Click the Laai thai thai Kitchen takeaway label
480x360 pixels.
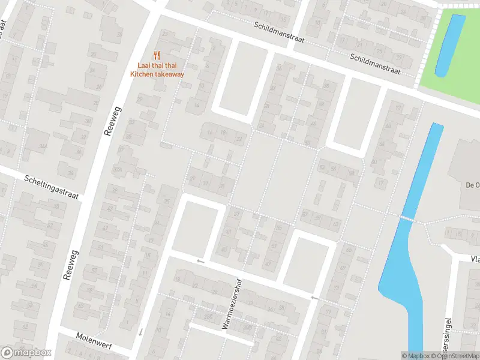(x=157, y=70)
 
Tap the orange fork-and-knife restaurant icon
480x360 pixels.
(x=157, y=55)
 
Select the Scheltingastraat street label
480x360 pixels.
(x=52, y=187)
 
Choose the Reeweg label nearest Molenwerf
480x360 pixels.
(x=71, y=265)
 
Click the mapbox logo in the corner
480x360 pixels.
(x=25, y=353)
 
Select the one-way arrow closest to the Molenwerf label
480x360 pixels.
(x=140, y=332)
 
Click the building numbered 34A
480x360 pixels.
(x=43, y=146)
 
